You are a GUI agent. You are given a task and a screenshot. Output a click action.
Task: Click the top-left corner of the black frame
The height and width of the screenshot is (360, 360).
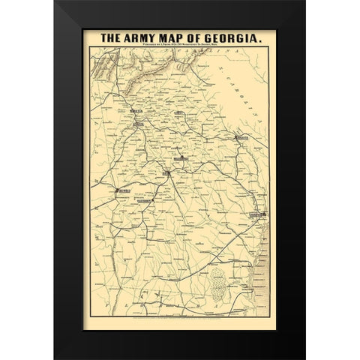click(x=55, y=1)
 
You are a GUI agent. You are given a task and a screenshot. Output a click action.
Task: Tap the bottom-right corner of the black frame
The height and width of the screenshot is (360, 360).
click(x=305, y=358)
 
